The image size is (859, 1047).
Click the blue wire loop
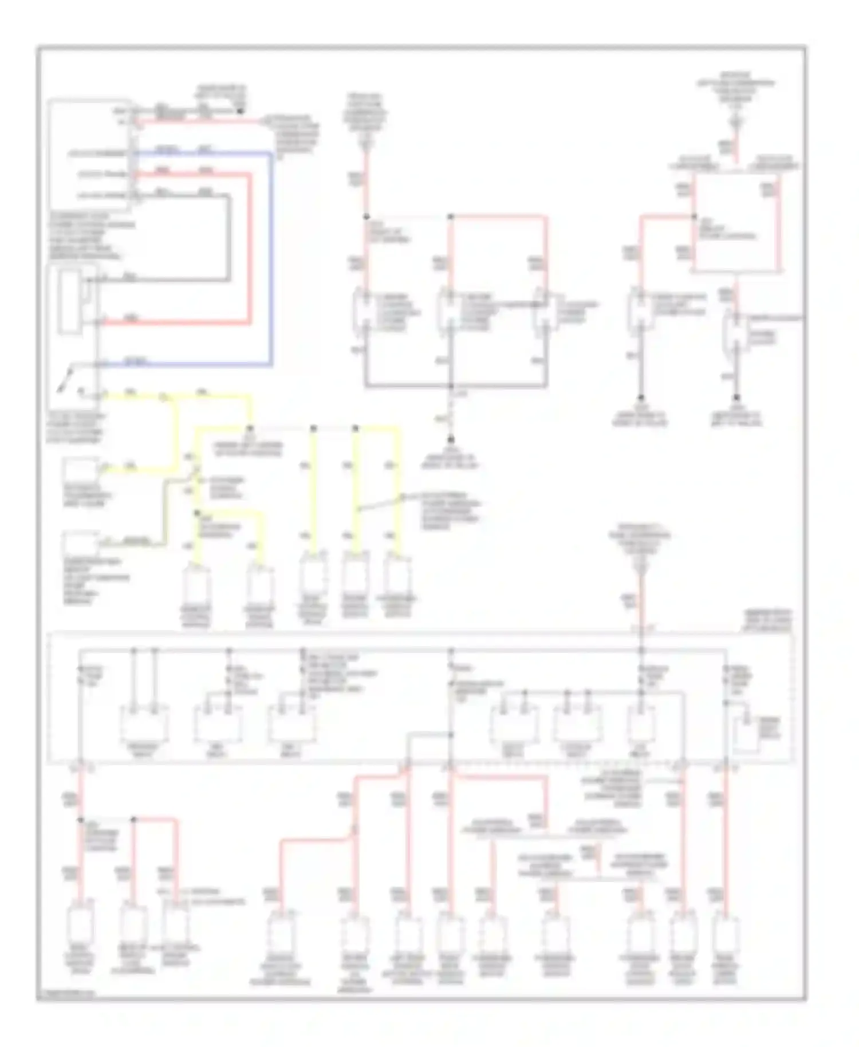coord(271,258)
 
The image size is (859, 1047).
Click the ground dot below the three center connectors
coord(451,440)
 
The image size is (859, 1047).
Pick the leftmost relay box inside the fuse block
coord(144,723)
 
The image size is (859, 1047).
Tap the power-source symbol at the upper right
coord(736,121)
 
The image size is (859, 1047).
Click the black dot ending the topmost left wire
coord(241,110)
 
